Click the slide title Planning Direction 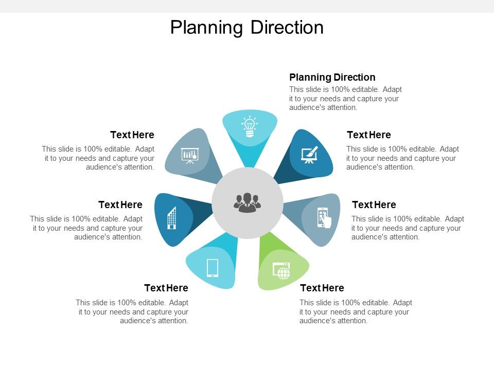tap(247, 27)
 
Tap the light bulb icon tap(250, 126)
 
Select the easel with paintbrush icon tap(310, 154)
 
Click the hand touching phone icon tap(323, 217)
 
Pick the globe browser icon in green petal tap(281, 270)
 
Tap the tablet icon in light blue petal tap(213, 268)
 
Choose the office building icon tap(172, 218)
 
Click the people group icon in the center tap(248, 202)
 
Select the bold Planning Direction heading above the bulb tap(332, 77)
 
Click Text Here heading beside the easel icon tap(369, 135)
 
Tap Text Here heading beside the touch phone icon tap(374, 205)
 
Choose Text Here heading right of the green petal tap(322, 288)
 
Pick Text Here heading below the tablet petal tap(166, 288)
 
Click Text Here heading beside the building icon tap(120, 205)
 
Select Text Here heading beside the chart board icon tap(132, 135)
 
